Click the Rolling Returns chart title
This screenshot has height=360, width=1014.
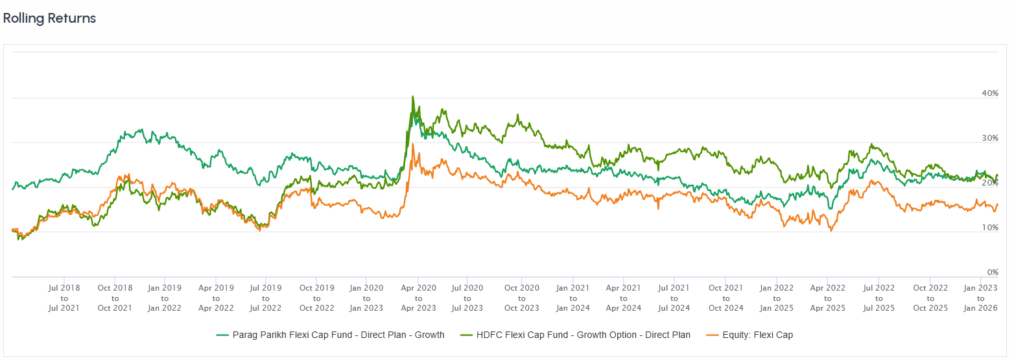click(x=49, y=19)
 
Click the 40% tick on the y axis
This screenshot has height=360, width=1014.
click(x=989, y=93)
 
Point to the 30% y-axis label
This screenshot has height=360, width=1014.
click(x=989, y=138)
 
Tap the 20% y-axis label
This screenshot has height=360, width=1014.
click(x=989, y=184)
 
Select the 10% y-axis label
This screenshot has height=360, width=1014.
click(x=989, y=228)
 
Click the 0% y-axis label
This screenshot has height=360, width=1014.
click(x=992, y=272)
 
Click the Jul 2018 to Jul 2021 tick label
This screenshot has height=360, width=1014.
click(x=64, y=298)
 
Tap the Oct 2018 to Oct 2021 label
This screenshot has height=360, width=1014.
click(x=115, y=298)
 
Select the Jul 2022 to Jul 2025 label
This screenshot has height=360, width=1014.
click(x=878, y=298)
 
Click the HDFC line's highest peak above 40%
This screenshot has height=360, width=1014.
click(x=413, y=97)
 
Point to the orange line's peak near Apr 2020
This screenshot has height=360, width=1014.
click(x=413, y=145)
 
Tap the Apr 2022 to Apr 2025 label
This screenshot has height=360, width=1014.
click(x=828, y=298)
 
